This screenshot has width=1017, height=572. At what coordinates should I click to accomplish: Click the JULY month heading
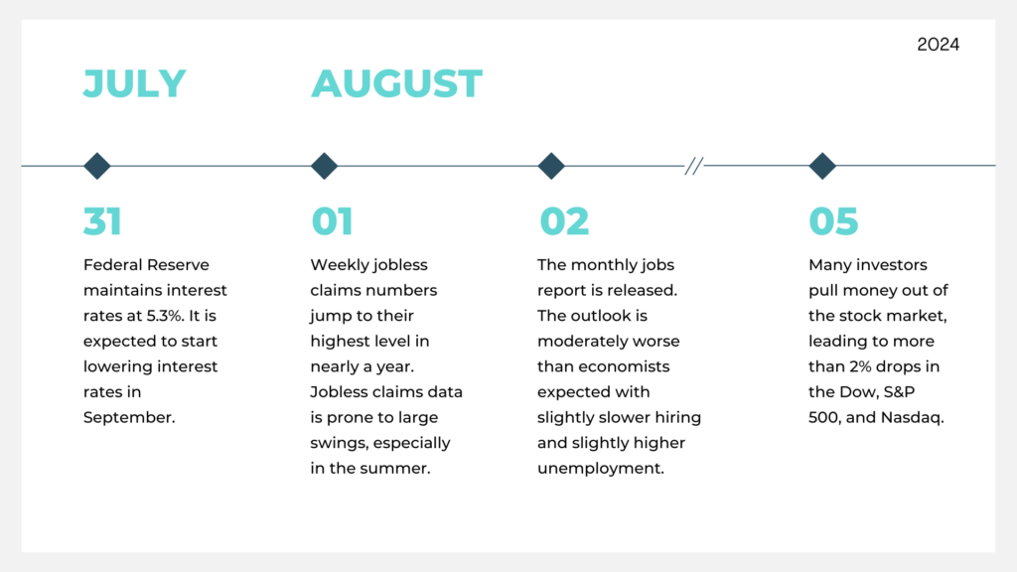[x=134, y=83]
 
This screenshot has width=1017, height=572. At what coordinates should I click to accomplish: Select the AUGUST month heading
[x=397, y=83]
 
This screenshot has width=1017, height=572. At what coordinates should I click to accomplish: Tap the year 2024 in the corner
[x=938, y=44]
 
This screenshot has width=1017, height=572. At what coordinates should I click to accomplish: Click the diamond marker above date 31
[x=97, y=166]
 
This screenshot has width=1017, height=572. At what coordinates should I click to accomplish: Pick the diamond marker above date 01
[x=325, y=166]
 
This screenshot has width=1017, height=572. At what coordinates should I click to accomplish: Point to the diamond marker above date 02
[x=551, y=166]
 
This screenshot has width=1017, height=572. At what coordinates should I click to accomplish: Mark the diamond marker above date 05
[x=822, y=166]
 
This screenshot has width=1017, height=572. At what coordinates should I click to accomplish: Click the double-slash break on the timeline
[x=694, y=166]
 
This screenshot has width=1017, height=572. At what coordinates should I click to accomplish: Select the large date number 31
[x=102, y=221]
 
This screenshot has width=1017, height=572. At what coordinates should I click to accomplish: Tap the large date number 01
[x=332, y=221]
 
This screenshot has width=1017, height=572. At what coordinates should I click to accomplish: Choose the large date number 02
[x=564, y=221]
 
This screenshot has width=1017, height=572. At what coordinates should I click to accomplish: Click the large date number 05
[x=833, y=221]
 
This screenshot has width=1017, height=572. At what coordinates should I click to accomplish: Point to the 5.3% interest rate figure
[x=165, y=316]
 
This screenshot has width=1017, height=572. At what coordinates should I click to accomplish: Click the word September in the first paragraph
[x=129, y=418]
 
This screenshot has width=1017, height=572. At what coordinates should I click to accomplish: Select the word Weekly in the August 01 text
[x=336, y=265]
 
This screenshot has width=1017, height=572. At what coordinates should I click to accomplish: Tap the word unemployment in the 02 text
[x=601, y=469]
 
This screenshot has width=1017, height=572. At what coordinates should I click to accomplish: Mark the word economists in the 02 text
[x=624, y=366]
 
